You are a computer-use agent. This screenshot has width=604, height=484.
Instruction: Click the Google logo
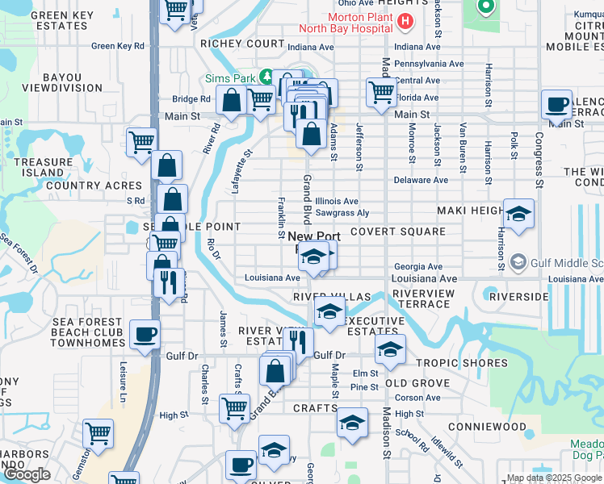27,474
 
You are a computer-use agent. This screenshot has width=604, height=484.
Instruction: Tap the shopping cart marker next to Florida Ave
380,90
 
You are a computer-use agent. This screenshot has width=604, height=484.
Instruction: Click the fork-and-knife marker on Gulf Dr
298,342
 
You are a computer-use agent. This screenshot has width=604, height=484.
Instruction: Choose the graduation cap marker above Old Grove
389,349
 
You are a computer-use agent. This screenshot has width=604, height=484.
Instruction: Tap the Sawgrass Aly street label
342,213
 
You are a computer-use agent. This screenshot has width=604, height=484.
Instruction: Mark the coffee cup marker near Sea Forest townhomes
145,334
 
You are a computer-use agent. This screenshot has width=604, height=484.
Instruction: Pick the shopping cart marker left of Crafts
234,407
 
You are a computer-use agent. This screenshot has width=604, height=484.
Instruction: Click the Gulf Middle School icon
518,262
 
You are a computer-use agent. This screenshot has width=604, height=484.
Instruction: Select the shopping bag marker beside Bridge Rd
232,101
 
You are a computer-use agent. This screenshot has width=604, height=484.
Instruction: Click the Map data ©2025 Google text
554,478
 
